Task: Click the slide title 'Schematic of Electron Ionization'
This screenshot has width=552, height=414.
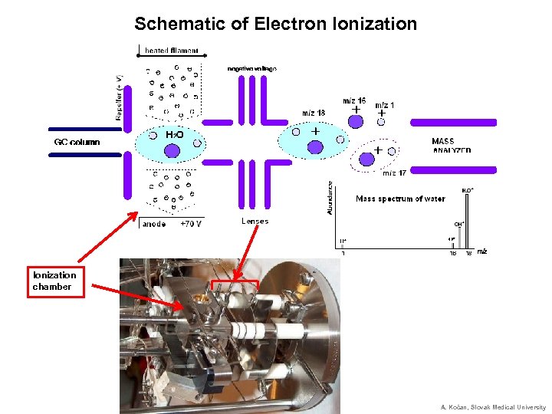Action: click(275, 24)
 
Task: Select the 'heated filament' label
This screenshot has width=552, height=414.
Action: click(172, 51)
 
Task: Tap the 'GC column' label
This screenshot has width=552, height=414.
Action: click(77, 142)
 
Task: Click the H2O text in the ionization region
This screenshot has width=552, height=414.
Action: click(174, 135)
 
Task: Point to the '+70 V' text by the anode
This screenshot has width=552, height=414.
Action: click(191, 225)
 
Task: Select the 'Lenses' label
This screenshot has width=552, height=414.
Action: click(255, 221)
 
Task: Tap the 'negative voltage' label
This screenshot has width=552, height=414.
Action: click(251, 68)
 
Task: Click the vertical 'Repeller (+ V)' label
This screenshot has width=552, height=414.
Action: click(120, 99)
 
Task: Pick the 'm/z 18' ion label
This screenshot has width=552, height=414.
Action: click(313, 113)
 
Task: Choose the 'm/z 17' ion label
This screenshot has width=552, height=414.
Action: click(394, 172)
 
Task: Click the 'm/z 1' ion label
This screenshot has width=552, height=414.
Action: click(385, 105)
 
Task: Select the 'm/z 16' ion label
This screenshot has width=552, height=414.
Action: click(354, 100)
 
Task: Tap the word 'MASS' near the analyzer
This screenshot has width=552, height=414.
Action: click(443, 141)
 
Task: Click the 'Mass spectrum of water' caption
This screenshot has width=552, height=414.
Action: click(400, 199)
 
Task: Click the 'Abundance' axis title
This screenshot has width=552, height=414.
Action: click(330, 197)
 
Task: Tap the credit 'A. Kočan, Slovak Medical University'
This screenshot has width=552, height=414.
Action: click(493, 407)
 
